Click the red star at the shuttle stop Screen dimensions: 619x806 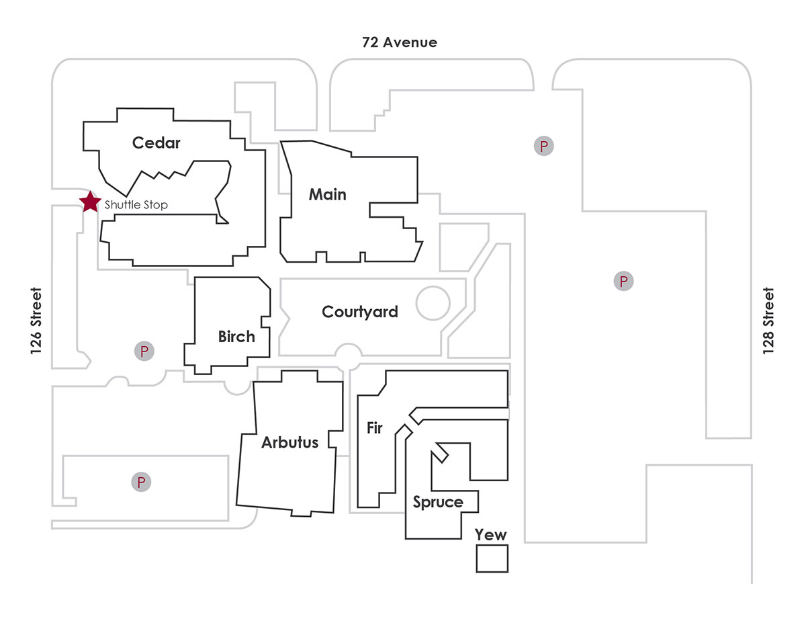click(89, 201)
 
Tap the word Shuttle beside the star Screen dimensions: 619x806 click(121, 204)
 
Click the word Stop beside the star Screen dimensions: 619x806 click(154, 204)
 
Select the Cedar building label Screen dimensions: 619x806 click(156, 143)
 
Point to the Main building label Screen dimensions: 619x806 click(328, 195)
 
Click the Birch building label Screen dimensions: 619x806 click(236, 337)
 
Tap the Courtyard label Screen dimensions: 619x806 click(360, 312)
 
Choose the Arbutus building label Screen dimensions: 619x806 click(289, 443)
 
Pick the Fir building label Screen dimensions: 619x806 click(374, 427)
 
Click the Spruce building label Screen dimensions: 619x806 click(438, 502)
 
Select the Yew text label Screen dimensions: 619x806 click(491, 535)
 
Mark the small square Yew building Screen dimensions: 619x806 click(492, 559)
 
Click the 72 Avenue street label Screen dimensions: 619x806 click(399, 43)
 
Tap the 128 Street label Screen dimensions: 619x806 click(768, 321)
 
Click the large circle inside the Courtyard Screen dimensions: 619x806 click(433, 303)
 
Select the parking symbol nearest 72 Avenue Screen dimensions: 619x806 click(543, 145)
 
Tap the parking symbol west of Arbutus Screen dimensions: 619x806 click(141, 482)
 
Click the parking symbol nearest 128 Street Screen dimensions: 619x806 click(623, 281)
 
